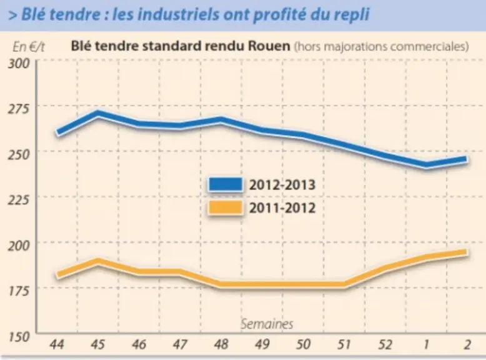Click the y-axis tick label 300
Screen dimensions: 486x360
18,64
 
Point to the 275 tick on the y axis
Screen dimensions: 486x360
18,109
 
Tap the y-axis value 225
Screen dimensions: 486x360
18,200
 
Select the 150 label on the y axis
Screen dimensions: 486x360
19,337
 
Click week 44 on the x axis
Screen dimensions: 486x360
57,344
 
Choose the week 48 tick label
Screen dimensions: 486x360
221,344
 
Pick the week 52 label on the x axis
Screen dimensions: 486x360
385,344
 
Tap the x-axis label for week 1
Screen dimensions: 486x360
427,344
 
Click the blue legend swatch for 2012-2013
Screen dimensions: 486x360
226,184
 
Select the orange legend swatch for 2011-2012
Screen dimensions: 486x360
226,207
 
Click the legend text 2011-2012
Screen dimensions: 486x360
282,207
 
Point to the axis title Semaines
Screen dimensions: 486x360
267,324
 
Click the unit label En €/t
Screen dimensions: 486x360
29,47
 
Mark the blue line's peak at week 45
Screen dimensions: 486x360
98,114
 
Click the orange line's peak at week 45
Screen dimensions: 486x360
98,262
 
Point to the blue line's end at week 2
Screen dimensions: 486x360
467,160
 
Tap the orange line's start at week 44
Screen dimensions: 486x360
58,275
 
